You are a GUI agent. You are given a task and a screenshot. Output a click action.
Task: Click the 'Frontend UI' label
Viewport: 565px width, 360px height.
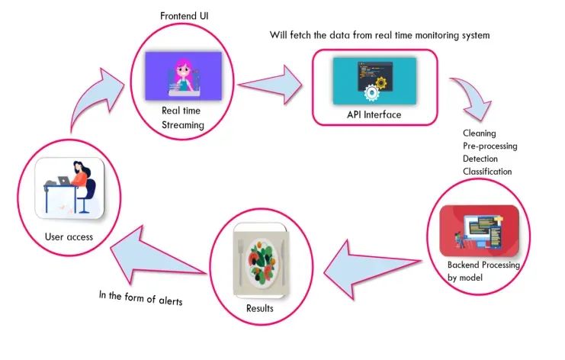(x=184, y=16)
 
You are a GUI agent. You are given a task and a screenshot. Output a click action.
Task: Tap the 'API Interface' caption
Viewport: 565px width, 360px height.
(x=374, y=115)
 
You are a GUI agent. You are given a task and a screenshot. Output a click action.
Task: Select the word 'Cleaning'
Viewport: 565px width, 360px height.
(x=479, y=133)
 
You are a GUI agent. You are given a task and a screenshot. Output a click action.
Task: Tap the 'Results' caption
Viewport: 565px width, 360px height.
(x=262, y=309)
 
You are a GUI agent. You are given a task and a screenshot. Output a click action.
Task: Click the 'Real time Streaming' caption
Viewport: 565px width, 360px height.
(x=182, y=117)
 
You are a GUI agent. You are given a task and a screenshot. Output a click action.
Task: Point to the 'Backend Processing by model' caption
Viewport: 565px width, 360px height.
(x=483, y=271)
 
